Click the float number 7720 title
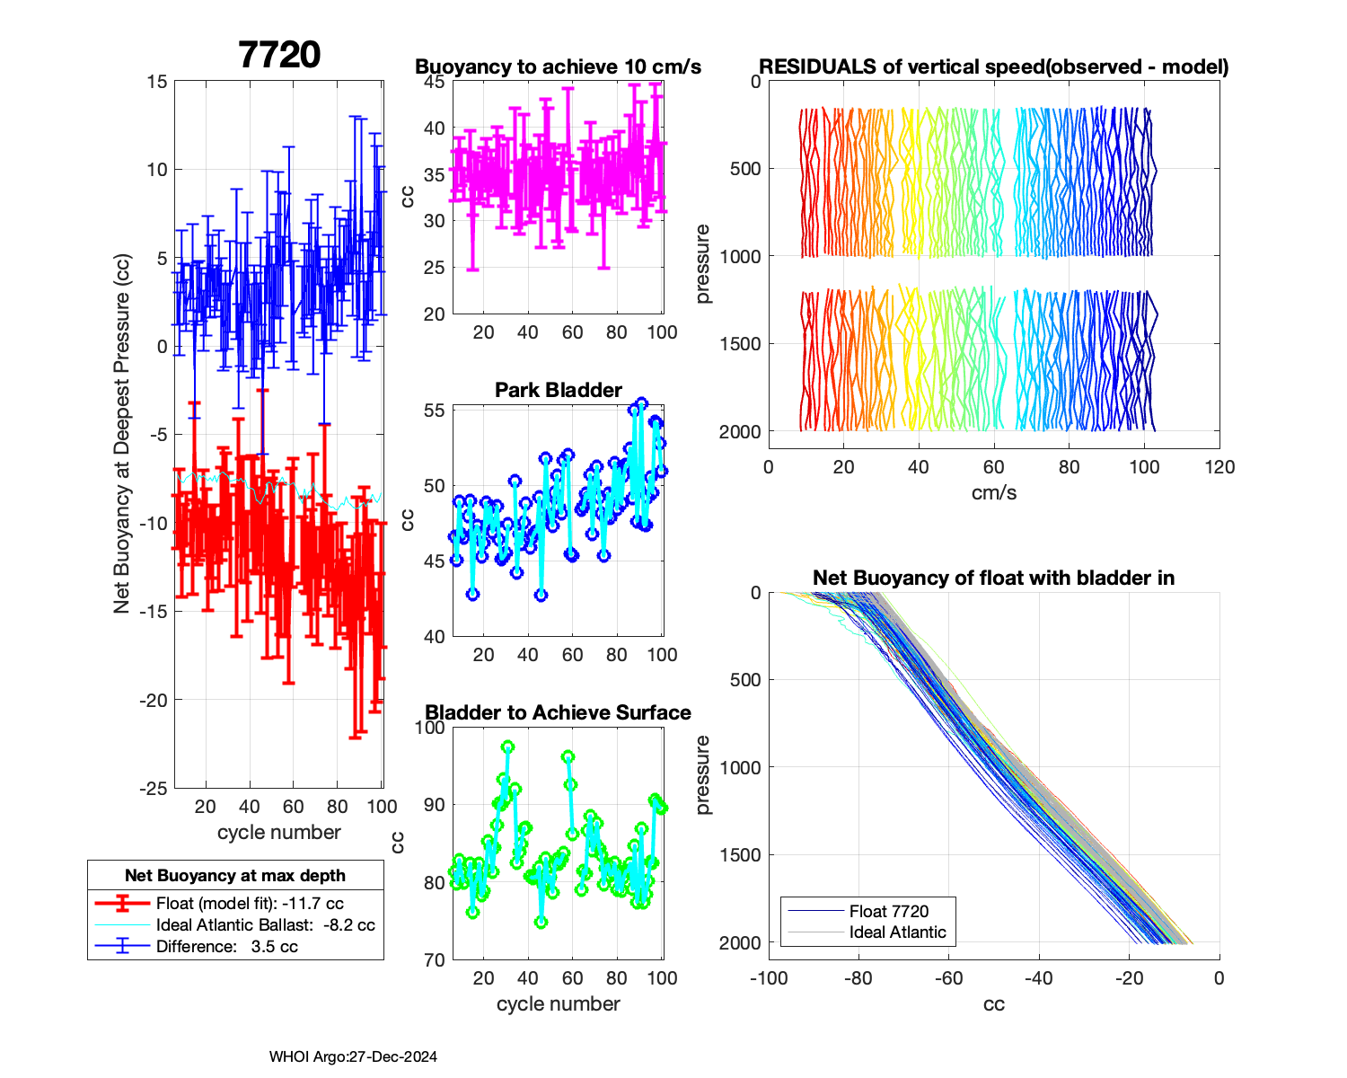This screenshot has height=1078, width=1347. pyautogui.click(x=279, y=55)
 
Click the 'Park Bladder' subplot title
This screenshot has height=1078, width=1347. pyautogui.click(x=558, y=390)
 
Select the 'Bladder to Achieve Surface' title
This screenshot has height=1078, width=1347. pyautogui.click(x=558, y=712)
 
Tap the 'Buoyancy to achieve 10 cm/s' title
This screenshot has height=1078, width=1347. pyautogui.click(x=558, y=66)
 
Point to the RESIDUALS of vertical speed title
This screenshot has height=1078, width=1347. pyautogui.click(x=993, y=66)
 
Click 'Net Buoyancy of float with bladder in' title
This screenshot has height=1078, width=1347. pyautogui.click(x=993, y=578)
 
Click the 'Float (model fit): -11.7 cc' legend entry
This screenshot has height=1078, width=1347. pyautogui.click(x=249, y=904)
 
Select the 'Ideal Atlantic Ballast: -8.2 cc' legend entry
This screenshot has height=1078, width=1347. pyautogui.click(x=265, y=925)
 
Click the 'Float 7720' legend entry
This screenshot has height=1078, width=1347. pyautogui.click(x=888, y=911)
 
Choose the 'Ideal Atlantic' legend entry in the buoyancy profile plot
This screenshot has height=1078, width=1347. pyautogui.click(x=897, y=932)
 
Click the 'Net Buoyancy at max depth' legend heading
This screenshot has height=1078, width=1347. pyautogui.click(x=234, y=876)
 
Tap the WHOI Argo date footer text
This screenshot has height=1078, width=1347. pyautogui.click(x=353, y=1057)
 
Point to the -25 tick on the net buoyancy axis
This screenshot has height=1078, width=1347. pyautogui.click(x=154, y=788)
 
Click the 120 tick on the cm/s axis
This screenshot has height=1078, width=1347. pyautogui.click(x=1219, y=467)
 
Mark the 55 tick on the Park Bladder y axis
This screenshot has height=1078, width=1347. pyautogui.click(x=434, y=411)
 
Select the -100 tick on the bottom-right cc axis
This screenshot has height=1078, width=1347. pyautogui.click(x=769, y=978)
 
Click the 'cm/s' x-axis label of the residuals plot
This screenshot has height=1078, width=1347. pyautogui.click(x=993, y=492)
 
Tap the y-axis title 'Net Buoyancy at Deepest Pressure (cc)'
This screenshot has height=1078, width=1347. pyautogui.click(x=122, y=434)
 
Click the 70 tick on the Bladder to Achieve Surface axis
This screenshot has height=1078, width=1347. pyautogui.click(x=434, y=959)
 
